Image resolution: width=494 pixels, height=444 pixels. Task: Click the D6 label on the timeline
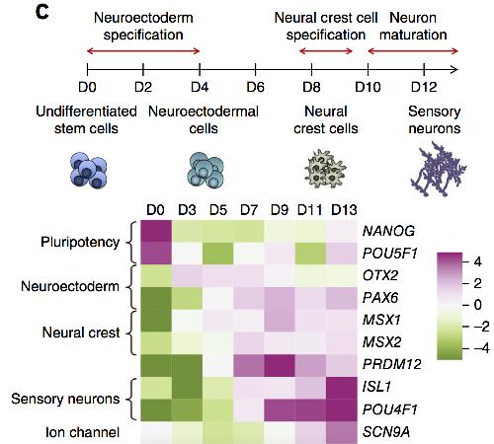click(256, 87)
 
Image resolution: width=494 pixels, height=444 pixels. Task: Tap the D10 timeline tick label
click(368, 87)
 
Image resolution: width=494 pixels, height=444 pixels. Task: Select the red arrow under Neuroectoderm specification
click(143, 51)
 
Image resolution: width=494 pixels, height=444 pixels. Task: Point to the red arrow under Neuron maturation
click(413, 51)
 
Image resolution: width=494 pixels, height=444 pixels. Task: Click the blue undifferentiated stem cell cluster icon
click(89, 170)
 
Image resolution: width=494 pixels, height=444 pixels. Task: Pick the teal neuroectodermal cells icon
click(206, 170)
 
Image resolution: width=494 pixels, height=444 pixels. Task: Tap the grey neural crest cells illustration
click(325, 169)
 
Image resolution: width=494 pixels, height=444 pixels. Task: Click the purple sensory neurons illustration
click(438, 170)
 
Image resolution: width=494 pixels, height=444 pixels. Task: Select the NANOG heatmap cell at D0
click(156, 231)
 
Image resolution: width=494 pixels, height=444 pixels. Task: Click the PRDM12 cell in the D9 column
click(280, 365)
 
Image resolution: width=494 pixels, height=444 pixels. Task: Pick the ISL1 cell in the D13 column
click(342, 388)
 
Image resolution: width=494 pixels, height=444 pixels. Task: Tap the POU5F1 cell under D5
click(218, 254)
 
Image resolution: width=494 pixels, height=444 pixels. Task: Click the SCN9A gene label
click(386, 432)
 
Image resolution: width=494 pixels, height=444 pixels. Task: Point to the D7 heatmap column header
click(249, 210)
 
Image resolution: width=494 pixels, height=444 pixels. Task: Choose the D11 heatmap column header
click(309, 210)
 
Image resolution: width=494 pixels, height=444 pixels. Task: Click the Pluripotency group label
click(80, 243)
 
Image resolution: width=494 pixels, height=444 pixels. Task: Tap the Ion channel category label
click(82, 432)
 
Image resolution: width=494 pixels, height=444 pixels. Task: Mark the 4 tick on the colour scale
click(477, 262)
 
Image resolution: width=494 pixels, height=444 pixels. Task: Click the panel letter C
click(42, 12)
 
